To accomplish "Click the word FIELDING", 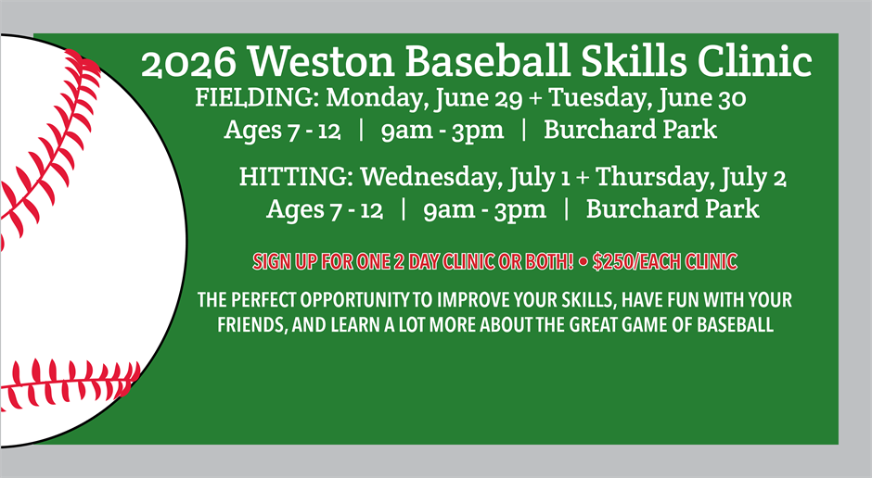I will [256, 98].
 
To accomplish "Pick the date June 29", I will [499, 98].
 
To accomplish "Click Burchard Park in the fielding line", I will [630, 130].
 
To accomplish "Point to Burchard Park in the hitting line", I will [673, 209].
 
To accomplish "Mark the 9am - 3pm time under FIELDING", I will [442, 130].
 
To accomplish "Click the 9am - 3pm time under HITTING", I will [484, 209].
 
